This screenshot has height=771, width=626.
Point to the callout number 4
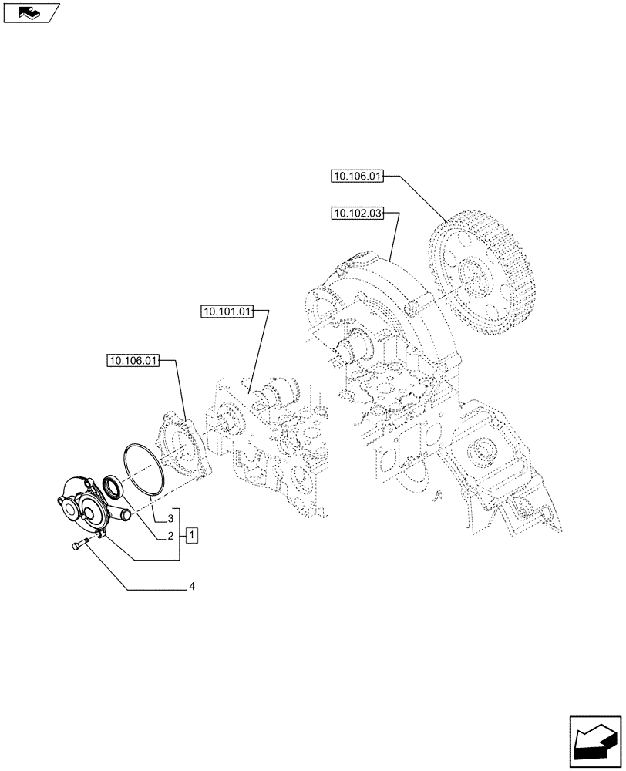coord(190,588)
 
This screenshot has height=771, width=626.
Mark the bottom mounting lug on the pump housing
coord(101,534)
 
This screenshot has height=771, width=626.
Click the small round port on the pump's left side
coord(61,500)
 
